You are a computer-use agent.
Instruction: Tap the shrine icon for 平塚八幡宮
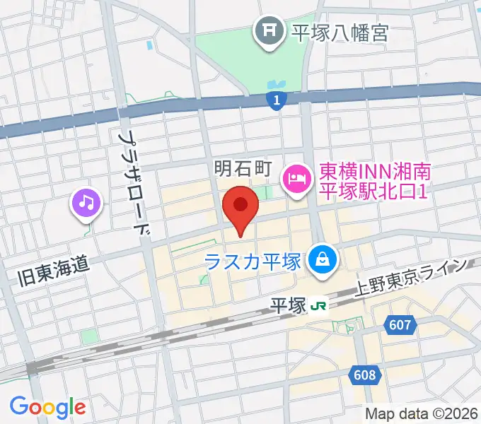pos(269,31)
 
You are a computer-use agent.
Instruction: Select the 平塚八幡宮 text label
pos(340,32)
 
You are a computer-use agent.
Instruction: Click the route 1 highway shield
pos(277,102)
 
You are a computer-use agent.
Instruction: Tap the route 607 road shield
pos(400,325)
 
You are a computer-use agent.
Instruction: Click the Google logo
pos(47,406)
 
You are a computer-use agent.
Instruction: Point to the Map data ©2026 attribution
pos(422,413)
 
